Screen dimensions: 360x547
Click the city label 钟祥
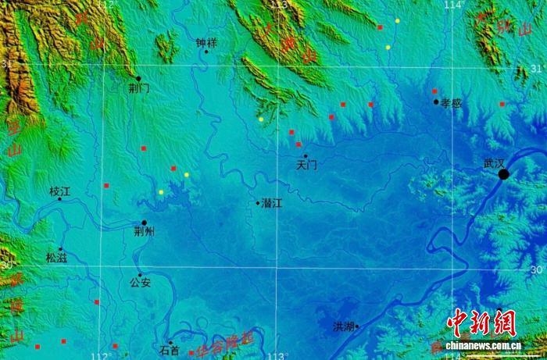pyautogui.click(x=206, y=43)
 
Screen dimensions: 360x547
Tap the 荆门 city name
pyautogui.click(x=139, y=89)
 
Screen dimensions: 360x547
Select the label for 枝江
pyautogui.click(x=59, y=191)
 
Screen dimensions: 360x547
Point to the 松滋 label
pyautogui.click(x=57, y=257)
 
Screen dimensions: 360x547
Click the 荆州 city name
pyautogui.click(x=145, y=232)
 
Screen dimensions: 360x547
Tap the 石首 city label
pyautogui.click(x=170, y=351)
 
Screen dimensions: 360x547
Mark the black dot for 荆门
pyautogui.click(x=138, y=78)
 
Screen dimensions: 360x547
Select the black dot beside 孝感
pyautogui.click(x=437, y=102)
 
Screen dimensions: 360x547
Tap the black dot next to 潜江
pyautogui.click(x=258, y=203)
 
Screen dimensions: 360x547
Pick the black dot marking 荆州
pyautogui.click(x=144, y=223)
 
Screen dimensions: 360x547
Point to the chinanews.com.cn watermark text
pyautogui.click(x=483, y=345)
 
